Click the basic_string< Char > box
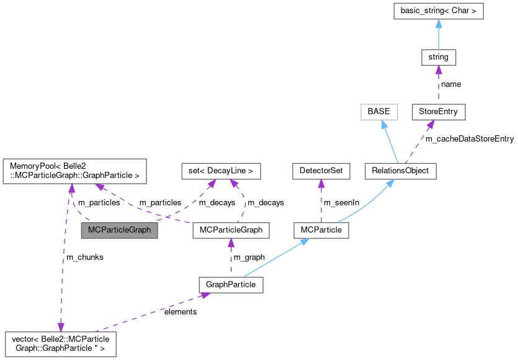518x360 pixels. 438,11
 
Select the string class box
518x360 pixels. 438,57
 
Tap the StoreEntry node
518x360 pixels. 438,112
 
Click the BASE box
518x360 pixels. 379,112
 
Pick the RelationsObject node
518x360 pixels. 400,171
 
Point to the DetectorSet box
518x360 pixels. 321,171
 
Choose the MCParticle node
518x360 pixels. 321,230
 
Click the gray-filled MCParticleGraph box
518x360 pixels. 119,230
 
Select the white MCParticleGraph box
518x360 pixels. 231,230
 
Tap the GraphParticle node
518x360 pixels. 231,285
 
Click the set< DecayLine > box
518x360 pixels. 220,171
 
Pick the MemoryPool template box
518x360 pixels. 74,171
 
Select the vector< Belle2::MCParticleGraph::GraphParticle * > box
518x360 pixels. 60,344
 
